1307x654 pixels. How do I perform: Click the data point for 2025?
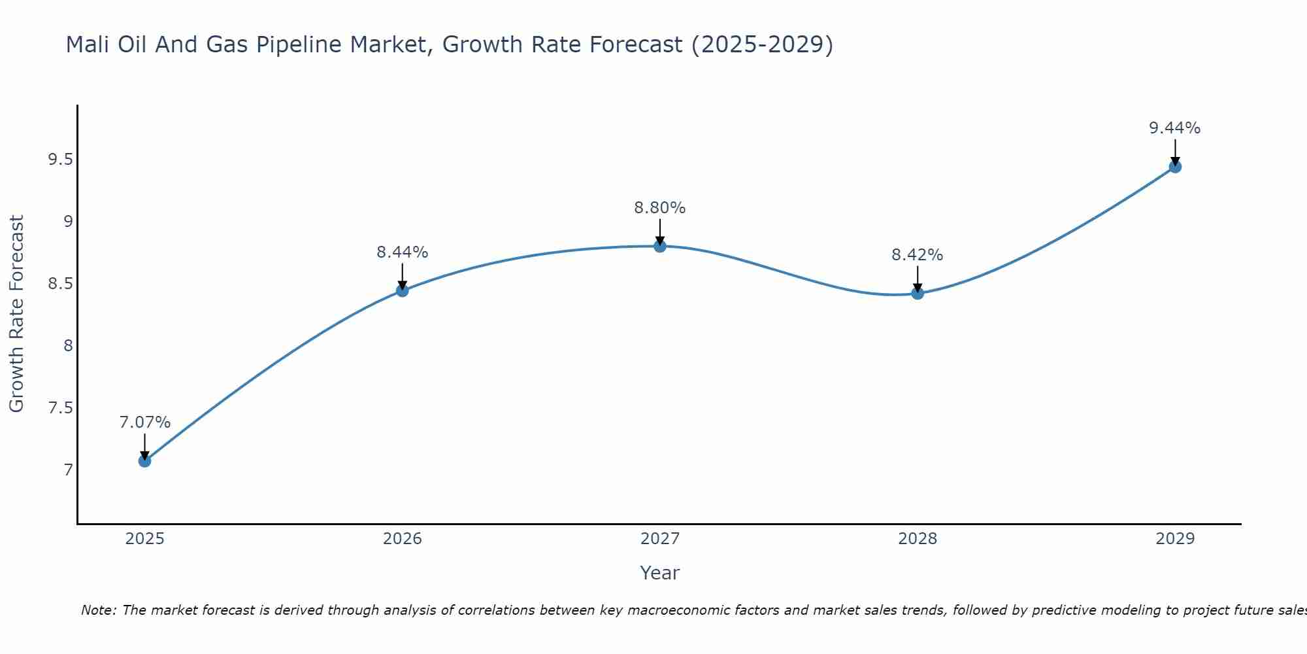coord(144,460)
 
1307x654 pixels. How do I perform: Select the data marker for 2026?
coord(402,290)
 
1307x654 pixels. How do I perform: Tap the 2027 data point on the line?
coord(659,246)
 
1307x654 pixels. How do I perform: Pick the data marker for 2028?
coord(917,293)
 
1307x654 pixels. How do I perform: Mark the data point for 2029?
coord(1174,167)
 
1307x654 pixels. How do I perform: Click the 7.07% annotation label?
coord(144,422)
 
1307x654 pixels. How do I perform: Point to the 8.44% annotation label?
coord(402,252)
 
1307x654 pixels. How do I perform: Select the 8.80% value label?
coord(659,208)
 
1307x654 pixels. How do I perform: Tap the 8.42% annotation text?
coord(917,255)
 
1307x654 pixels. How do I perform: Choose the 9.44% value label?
coord(1174,128)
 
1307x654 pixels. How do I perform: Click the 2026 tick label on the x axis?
coord(402,539)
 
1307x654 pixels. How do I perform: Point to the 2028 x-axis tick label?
coord(917,539)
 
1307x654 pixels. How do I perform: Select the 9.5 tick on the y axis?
coord(60,159)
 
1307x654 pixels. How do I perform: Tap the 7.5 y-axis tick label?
coord(60,408)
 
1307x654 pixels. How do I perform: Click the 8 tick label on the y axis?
coord(68,346)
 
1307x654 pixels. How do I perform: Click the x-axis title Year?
coord(659,573)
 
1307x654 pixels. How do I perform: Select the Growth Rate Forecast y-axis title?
coord(16,314)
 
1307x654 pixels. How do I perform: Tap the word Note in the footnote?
coord(98,610)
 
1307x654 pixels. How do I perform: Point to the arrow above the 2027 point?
coord(659,232)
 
